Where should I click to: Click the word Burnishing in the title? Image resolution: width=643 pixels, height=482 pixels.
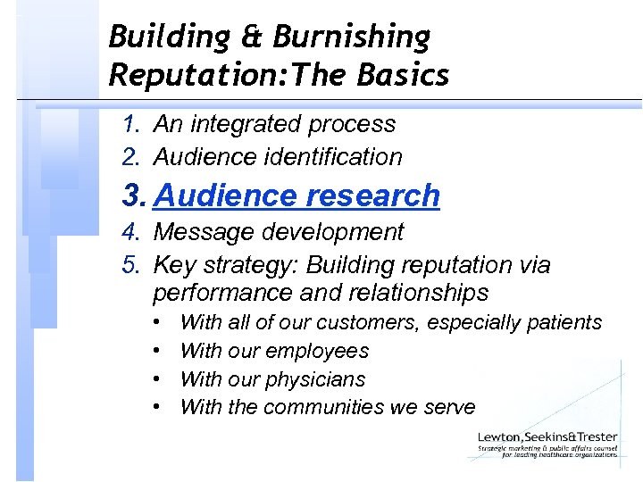click(x=352, y=37)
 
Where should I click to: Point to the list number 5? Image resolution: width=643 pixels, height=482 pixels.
click(x=131, y=265)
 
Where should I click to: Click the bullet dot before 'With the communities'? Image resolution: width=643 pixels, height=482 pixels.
click(x=156, y=407)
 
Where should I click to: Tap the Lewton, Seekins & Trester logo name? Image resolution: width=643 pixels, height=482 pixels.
click(x=547, y=437)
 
